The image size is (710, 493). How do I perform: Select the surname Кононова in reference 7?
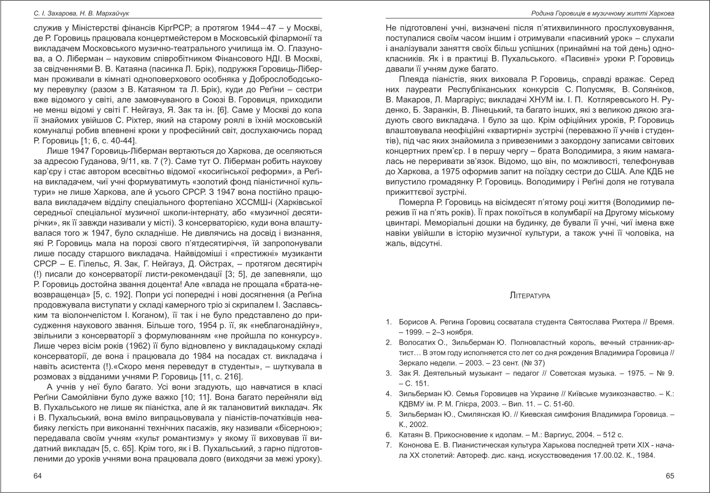click(416, 445)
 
